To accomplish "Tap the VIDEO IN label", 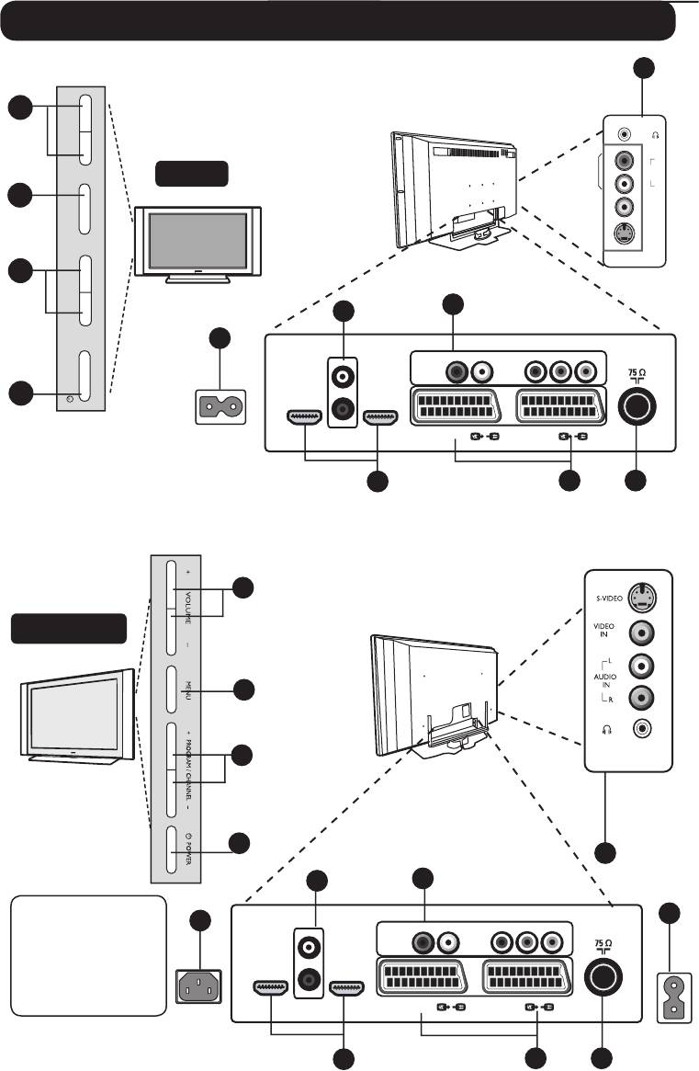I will point(603,632).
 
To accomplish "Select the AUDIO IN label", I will point(603,679).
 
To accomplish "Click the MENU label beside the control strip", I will point(187,689).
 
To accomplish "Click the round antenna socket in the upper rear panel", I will point(636,404).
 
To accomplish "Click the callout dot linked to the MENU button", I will point(242,689).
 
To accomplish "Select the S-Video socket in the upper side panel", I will point(625,234).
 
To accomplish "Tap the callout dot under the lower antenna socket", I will point(602,1058).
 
